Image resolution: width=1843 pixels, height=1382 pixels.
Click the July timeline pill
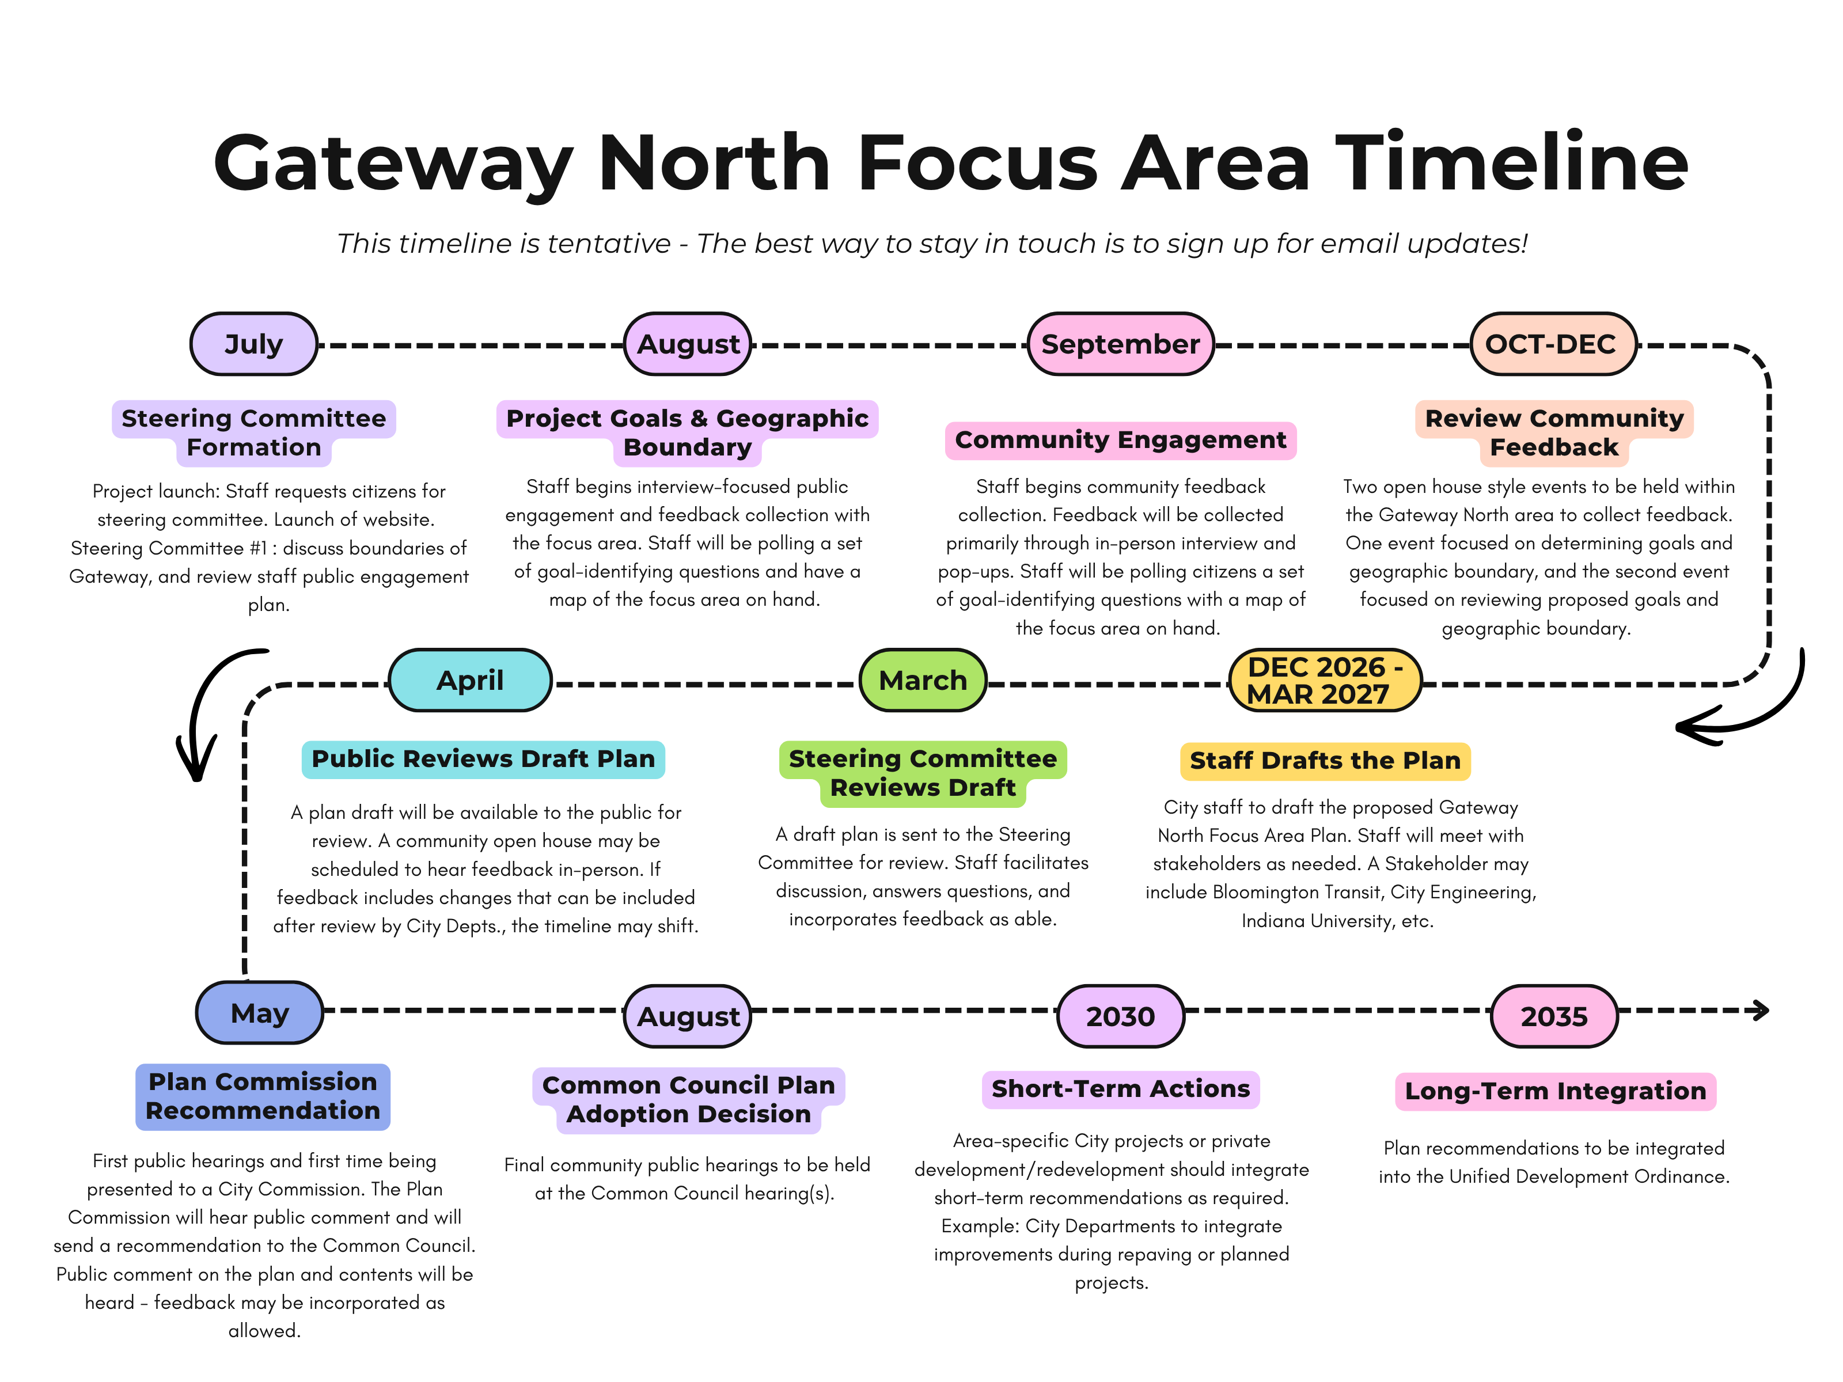(253, 344)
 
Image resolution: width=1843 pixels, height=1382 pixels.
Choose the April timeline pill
(470, 681)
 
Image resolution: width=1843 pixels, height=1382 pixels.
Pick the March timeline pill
(923, 681)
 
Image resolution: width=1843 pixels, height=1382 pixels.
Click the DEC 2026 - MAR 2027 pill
(1325, 681)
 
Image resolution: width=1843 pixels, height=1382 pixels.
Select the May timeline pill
(259, 1013)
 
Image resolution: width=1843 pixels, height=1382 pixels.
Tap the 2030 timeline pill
(1121, 1016)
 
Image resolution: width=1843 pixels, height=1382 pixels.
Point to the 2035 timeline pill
(1554, 1016)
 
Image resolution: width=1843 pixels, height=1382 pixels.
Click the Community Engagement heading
(1121, 440)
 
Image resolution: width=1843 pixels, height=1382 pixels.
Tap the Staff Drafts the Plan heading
(1325, 761)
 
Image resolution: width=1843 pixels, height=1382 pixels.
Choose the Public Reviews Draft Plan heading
(483, 759)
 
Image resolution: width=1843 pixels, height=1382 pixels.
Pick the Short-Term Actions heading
(1121, 1089)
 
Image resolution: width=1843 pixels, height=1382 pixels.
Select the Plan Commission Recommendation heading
(263, 1097)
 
